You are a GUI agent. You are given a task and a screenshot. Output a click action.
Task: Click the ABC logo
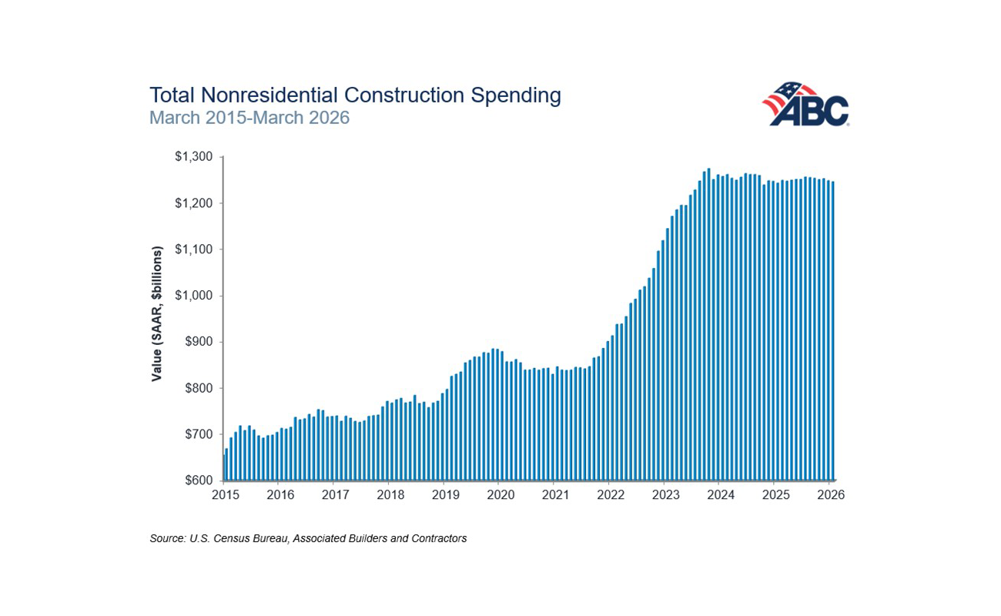[805, 104]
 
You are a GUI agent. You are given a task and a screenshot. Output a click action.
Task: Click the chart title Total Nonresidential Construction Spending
[355, 95]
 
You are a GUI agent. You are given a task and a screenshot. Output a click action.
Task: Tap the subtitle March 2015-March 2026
[249, 118]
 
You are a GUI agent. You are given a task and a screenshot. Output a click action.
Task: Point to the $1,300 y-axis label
[193, 156]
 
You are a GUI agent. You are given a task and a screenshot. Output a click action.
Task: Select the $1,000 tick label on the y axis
[193, 296]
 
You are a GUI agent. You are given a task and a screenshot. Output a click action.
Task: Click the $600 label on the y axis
[199, 480]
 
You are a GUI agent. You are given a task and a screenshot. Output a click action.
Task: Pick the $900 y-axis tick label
[199, 342]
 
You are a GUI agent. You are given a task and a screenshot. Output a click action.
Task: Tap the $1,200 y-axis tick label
[193, 203]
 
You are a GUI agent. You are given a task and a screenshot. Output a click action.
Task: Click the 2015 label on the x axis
[225, 495]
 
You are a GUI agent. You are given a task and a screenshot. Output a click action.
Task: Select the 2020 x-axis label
[500, 495]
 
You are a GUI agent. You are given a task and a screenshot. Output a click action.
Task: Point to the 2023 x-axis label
[666, 495]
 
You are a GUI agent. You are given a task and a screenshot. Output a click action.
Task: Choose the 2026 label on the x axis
[831, 495]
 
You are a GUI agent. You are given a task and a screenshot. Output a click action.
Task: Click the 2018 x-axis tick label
[390, 495]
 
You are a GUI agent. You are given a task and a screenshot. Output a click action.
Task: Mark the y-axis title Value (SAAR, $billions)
[156, 314]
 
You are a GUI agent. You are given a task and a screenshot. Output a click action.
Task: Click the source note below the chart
[308, 538]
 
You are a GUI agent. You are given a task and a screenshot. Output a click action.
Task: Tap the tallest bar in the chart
[708, 324]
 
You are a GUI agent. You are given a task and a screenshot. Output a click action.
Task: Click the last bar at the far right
[833, 331]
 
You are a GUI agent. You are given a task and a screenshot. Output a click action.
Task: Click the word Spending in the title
[516, 95]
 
